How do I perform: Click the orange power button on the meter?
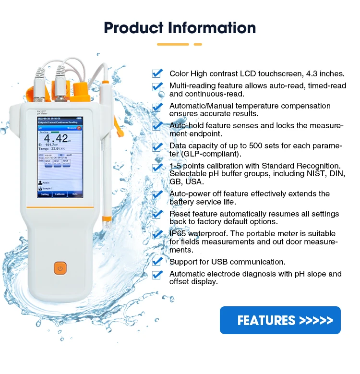(60, 268)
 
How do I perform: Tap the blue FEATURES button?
(280, 320)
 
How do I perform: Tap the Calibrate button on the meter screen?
(59, 194)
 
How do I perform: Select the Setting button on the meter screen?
(45, 194)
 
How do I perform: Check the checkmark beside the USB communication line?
(157, 262)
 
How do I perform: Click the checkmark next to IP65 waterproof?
(157, 235)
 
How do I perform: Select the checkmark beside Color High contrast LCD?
(157, 73)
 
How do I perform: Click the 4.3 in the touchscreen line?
(313, 74)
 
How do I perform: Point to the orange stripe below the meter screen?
(59, 207)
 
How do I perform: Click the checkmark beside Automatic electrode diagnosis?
(157, 275)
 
